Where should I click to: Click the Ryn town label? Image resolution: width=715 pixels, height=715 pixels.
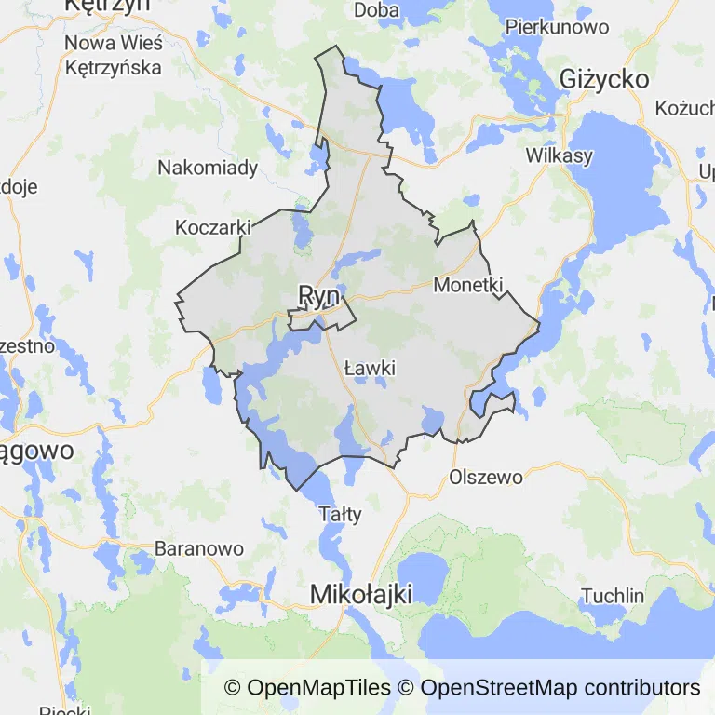(317, 295)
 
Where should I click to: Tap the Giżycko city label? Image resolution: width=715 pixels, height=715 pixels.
(604, 79)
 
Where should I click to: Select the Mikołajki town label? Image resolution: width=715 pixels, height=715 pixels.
(360, 593)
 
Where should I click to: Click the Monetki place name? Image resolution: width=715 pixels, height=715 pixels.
(468, 286)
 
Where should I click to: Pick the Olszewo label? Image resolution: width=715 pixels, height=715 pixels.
(486, 477)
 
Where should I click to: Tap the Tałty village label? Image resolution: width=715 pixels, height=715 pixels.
(340, 513)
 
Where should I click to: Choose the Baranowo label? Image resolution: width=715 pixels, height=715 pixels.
(198, 548)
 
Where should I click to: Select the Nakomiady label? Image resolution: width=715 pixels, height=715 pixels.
(208, 169)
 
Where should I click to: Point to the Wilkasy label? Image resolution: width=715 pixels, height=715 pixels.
(559, 155)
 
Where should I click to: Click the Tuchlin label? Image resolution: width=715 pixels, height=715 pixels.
(612, 596)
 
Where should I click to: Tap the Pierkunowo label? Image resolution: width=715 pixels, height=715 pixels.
(557, 26)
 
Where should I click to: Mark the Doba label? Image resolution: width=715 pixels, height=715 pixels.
(377, 10)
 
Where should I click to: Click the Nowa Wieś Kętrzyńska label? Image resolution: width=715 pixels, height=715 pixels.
(113, 55)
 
